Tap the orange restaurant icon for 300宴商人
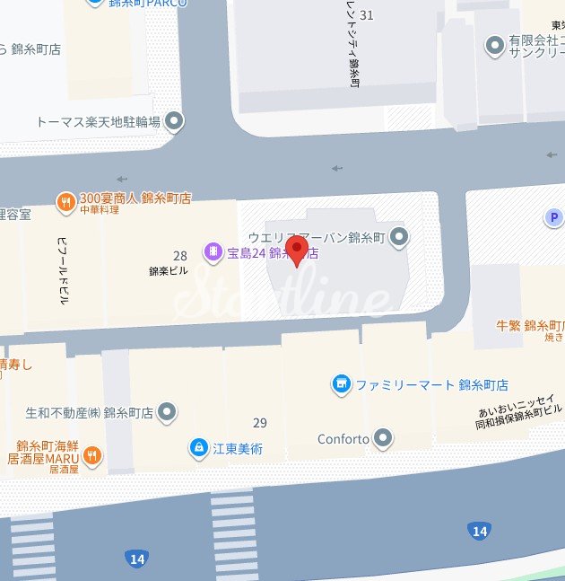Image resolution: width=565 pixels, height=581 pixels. (65, 203)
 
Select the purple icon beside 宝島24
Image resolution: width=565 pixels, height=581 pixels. (213, 252)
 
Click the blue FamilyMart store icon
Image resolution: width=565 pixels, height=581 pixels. (341, 384)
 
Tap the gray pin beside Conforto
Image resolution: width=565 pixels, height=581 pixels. (384, 438)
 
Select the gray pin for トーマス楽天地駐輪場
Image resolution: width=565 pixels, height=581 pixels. (175, 120)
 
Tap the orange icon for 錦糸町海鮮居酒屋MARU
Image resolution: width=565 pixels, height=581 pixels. (91, 456)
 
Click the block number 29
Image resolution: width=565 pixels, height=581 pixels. (260, 422)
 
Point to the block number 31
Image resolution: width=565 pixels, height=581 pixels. (364, 15)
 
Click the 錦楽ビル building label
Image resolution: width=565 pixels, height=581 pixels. (169, 270)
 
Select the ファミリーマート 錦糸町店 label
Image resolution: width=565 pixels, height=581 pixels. (432, 384)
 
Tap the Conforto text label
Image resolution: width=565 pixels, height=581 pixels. (343, 439)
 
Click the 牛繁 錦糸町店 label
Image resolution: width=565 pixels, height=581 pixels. (530, 325)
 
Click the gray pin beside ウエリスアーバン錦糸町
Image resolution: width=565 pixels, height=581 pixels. (400, 236)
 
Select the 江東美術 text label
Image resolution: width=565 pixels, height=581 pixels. (238, 447)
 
